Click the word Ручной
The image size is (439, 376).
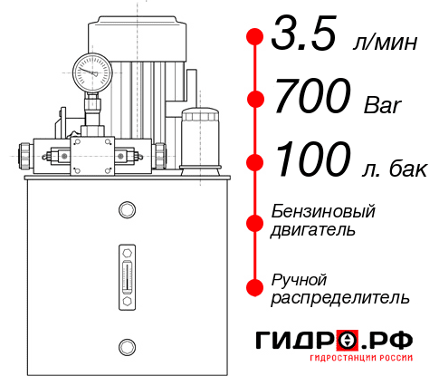tap(300, 278)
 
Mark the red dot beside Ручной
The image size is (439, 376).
tap(255, 286)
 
